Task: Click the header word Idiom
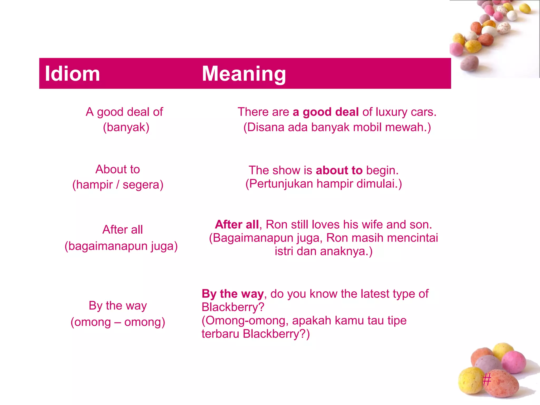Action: click(72, 74)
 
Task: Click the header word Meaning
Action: click(244, 74)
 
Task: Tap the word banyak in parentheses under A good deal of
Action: click(126, 127)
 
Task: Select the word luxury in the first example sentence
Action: click(391, 112)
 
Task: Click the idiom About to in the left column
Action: click(118, 169)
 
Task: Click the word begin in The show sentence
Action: click(382, 170)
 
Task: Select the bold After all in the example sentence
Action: click(237, 225)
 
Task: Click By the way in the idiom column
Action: click(118, 306)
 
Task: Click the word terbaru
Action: click(220, 334)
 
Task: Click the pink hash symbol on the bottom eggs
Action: click(487, 380)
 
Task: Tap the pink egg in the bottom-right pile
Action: click(514, 362)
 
